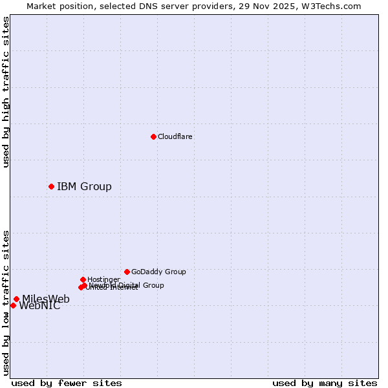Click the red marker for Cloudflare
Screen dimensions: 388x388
click(153, 136)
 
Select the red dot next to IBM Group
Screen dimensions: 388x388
click(51, 186)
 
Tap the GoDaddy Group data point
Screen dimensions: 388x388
click(127, 272)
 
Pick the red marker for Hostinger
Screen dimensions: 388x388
click(83, 279)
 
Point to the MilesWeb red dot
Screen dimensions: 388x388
click(16, 299)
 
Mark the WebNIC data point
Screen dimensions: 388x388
click(13, 305)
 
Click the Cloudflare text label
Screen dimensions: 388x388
click(175, 136)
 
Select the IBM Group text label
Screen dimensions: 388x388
click(84, 187)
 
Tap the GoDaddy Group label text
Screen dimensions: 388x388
click(158, 272)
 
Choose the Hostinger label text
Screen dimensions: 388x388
click(103, 279)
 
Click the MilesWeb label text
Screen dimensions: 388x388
click(46, 299)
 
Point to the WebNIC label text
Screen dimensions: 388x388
click(40, 307)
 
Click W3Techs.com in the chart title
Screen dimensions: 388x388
click(329, 6)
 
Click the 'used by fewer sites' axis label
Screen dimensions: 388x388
click(67, 383)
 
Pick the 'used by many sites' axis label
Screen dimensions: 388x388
click(325, 383)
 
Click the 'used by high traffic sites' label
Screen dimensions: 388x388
click(6, 92)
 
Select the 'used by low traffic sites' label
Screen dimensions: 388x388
click(6, 303)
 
